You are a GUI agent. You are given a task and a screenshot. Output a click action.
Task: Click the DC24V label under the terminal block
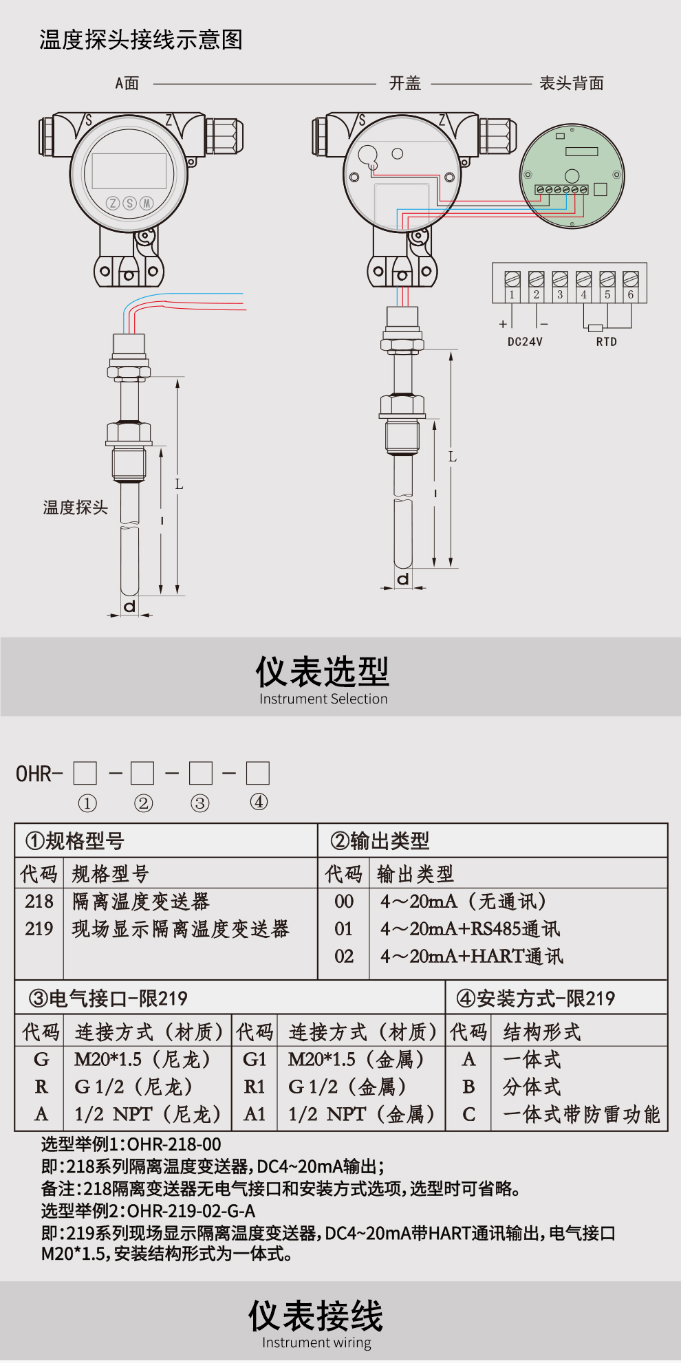[525, 342]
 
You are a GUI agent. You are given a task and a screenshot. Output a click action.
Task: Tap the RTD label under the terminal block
[606, 342]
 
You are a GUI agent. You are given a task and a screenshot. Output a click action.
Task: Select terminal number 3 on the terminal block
[560, 294]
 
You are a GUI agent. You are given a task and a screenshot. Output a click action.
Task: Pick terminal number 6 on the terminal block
[630, 294]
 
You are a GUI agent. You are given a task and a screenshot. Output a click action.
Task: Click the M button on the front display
[147, 203]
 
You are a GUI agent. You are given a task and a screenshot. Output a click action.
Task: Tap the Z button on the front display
[113, 203]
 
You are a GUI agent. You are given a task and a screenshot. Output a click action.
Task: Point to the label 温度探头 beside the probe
[76, 508]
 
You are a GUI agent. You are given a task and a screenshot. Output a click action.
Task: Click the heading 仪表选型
[323, 672]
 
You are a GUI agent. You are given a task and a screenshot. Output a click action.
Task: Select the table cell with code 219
[39, 929]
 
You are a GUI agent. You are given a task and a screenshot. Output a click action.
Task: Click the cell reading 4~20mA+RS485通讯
[471, 929]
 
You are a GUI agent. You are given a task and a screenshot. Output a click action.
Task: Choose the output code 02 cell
[344, 957]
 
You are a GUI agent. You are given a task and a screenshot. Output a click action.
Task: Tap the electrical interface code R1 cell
[255, 1087]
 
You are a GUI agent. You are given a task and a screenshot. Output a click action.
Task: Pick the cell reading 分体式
[532, 1087]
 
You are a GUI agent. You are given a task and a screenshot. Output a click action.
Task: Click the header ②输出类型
[380, 840]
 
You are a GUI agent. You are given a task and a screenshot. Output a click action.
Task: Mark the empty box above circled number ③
[200, 773]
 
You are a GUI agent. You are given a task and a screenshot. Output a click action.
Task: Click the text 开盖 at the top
[404, 83]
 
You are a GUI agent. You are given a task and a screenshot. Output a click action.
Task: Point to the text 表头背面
[571, 83]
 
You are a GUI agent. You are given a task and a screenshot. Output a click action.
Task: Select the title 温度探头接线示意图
[141, 39]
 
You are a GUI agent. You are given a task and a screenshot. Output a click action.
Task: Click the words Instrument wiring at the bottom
[316, 1342]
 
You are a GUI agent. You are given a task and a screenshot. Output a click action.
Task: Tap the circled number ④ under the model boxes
[259, 802]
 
